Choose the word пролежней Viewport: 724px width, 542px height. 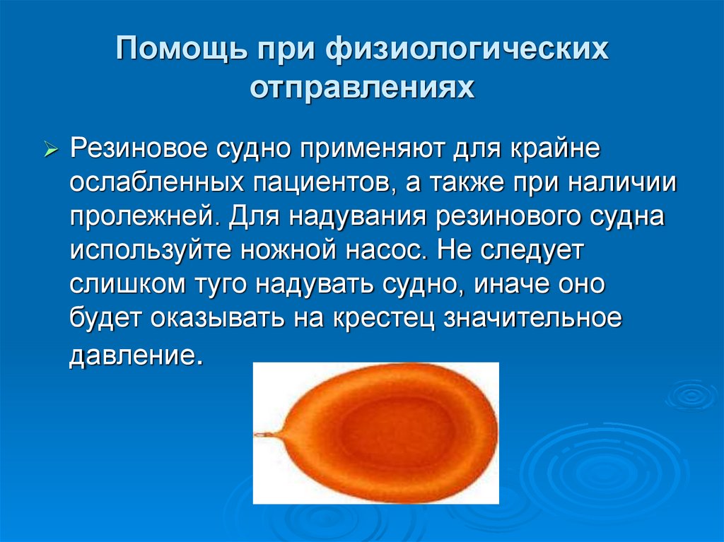(148, 217)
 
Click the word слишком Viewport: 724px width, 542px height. (126, 284)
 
